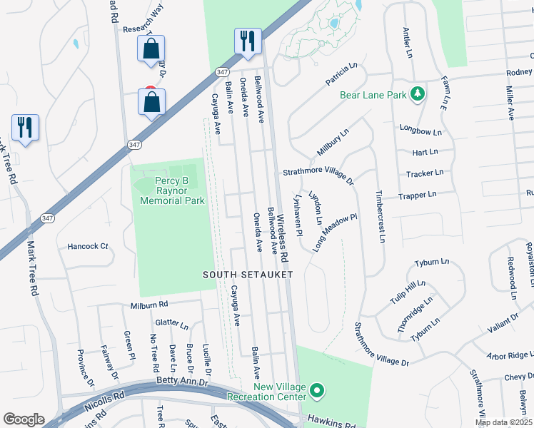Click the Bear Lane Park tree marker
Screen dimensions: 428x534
tap(417, 94)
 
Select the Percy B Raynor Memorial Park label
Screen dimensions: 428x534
tap(172, 190)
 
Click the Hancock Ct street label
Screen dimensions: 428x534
tap(87, 246)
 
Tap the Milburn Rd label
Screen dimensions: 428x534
tap(148, 305)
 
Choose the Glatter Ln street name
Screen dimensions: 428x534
tap(171, 325)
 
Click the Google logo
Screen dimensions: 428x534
tap(24, 419)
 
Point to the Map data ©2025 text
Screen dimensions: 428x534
tap(504, 422)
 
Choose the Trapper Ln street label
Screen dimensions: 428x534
tap(417, 195)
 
